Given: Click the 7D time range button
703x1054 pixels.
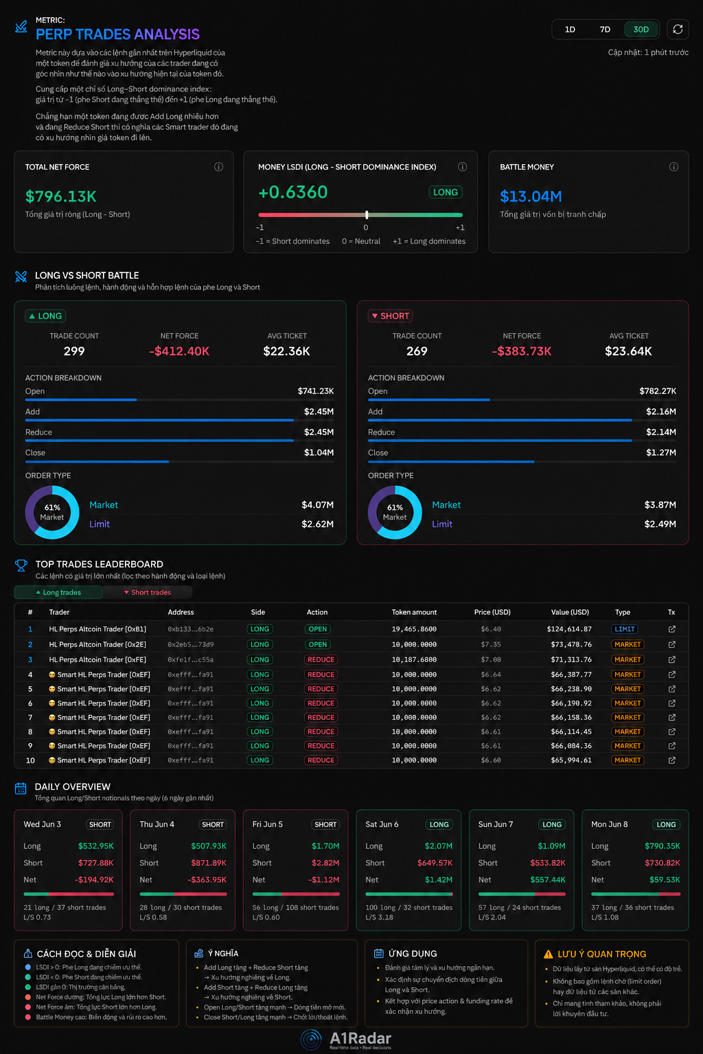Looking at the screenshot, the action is (605, 30).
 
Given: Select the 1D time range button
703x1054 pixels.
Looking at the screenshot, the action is (570, 30).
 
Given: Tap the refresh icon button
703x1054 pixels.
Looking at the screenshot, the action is (678, 30).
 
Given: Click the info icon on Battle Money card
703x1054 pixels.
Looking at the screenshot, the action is (673, 167).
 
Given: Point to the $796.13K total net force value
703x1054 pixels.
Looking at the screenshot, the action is (60, 196).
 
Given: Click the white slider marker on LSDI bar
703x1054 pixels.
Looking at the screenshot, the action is (367, 215).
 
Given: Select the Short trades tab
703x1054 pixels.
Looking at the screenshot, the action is (148, 592).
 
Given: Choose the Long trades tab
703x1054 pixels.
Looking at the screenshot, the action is (58, 592).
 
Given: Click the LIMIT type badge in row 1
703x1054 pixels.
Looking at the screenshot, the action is (624, 629).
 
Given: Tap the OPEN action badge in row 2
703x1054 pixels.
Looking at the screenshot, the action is (317, 644).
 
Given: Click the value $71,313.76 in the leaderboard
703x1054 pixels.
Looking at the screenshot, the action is (571, 659).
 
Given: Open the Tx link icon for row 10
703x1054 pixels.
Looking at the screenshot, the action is (672, 760).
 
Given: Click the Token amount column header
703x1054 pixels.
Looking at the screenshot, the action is (414, 612).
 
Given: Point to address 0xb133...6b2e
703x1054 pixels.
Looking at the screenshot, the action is (190, 629).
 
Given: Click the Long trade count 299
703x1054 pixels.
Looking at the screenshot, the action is (74, 351).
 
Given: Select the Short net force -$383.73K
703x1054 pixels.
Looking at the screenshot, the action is (521, 351).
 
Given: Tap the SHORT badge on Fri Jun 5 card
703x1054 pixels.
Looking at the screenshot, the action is (325, 824).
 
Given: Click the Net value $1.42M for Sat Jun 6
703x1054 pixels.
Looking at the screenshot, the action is (439, 880).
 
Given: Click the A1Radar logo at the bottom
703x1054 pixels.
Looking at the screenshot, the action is (346, 1040).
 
